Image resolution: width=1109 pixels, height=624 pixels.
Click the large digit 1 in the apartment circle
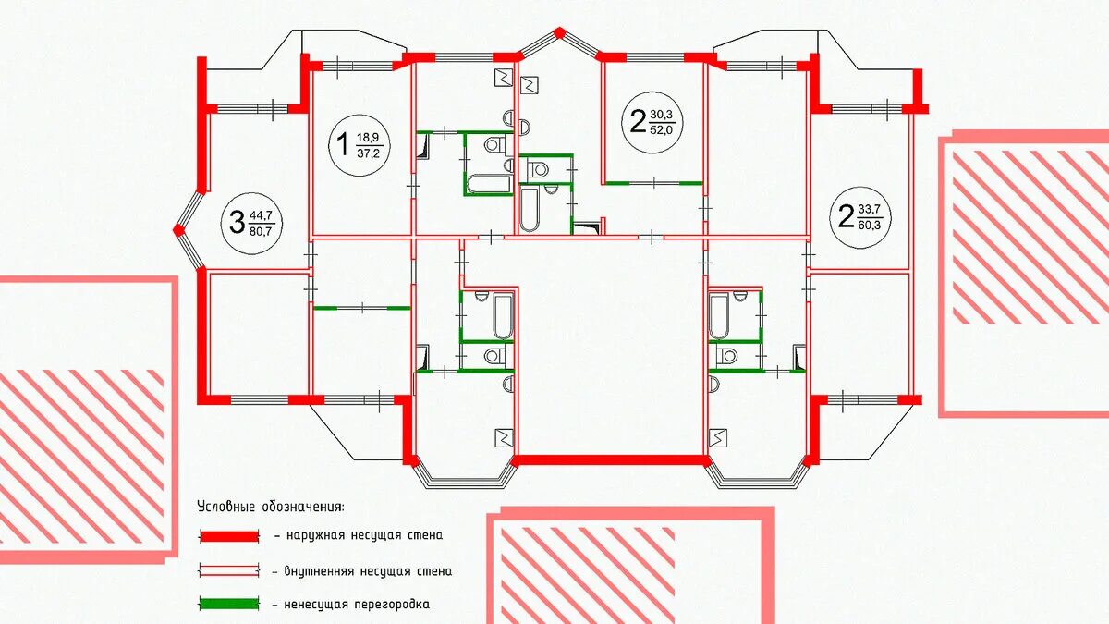[342, 144]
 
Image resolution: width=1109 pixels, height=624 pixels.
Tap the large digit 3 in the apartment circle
[238, 222]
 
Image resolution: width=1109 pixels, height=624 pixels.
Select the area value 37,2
[368, 153]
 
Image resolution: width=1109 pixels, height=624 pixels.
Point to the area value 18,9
[368, 137]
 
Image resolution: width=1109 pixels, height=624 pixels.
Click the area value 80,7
[261, 231]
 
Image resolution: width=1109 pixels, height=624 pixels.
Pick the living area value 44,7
[261, 215]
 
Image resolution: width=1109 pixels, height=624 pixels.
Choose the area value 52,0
[662, 130]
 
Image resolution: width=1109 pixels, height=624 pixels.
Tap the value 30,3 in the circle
[662, 115]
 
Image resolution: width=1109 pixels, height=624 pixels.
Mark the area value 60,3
[870, 226]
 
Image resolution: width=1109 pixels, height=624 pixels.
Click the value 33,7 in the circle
[870, 210]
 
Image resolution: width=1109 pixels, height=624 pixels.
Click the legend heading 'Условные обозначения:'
[270, 508]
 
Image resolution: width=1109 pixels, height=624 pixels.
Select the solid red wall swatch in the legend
[229, 536]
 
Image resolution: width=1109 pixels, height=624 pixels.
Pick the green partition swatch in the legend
[229, 604]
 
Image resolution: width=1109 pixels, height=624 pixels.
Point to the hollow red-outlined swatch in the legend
[229, 570]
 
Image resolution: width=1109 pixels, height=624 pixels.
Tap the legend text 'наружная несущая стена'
[365, 536]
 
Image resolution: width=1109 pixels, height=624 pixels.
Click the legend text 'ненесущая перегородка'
[357, 605]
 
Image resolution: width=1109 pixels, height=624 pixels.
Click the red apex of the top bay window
[559, 32]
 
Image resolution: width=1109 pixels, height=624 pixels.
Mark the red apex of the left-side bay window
[178, 230]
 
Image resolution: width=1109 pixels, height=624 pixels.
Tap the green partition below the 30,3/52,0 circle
[654, 183]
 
